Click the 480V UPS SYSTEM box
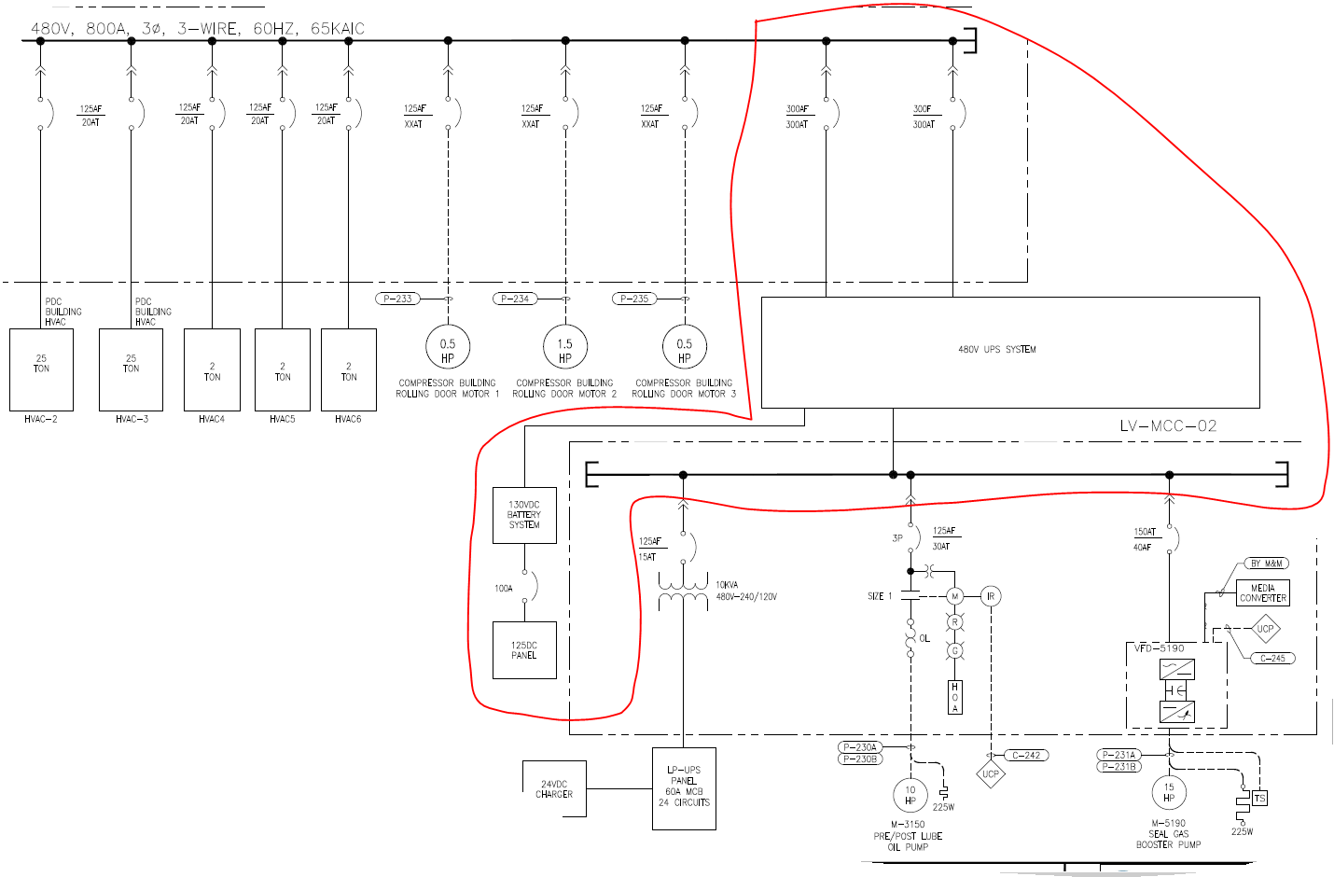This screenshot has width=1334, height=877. click(x=1009, y=352)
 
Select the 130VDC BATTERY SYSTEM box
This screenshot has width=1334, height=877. click(x=524, y=515)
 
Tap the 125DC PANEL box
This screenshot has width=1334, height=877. click(x=524, y=650)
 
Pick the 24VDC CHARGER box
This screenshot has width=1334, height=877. click(x=554, y=789)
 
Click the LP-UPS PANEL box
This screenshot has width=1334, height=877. click(x=684, y=788)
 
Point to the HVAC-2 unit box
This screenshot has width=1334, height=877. click(x=41, y=369)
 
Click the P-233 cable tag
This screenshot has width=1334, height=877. click(x=397, y=299)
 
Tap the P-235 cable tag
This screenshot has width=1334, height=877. click(x=634, y=299)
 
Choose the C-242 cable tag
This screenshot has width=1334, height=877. click(x=1026, y=755)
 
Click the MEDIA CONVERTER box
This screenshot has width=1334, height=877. click(x=1263, y=593)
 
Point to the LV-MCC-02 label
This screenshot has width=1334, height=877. click(x=1168, y=426)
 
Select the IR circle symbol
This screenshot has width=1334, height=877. click(x=991, y=596)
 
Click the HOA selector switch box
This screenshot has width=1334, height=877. click(x=954, y=697)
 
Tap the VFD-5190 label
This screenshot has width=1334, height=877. click(x=1160, y=647)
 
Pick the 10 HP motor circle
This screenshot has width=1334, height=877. click(x=910, y=795)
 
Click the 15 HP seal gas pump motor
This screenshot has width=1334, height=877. click(x=1169, y=793)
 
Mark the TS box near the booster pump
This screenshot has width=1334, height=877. click(x=1259, y=799)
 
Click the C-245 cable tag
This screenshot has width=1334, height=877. click(x=1272, y=658)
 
